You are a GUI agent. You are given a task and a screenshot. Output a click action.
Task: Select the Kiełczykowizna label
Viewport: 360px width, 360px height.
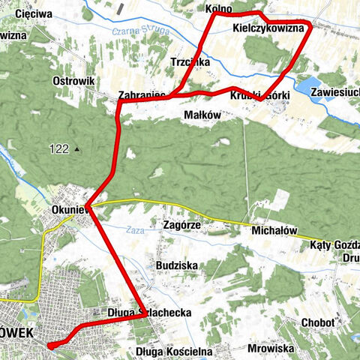[x=267, y=28]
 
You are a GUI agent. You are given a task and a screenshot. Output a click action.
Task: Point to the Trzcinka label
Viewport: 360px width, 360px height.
[x=189, y=62]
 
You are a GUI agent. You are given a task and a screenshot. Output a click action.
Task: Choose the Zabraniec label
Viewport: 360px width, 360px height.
[x=142, y=95]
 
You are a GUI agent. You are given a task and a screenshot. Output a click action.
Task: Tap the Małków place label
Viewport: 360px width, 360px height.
[x=202, y=115]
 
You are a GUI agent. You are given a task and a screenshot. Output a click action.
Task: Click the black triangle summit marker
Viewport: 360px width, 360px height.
[x=76, y=149]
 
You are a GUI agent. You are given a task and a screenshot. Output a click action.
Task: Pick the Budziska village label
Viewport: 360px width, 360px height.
[x=176, y=265]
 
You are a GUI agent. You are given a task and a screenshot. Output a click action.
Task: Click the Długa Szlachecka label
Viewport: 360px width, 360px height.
[x=150, y=312]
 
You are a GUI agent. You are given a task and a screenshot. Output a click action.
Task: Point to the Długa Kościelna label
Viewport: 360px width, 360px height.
[x=175, y=350]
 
